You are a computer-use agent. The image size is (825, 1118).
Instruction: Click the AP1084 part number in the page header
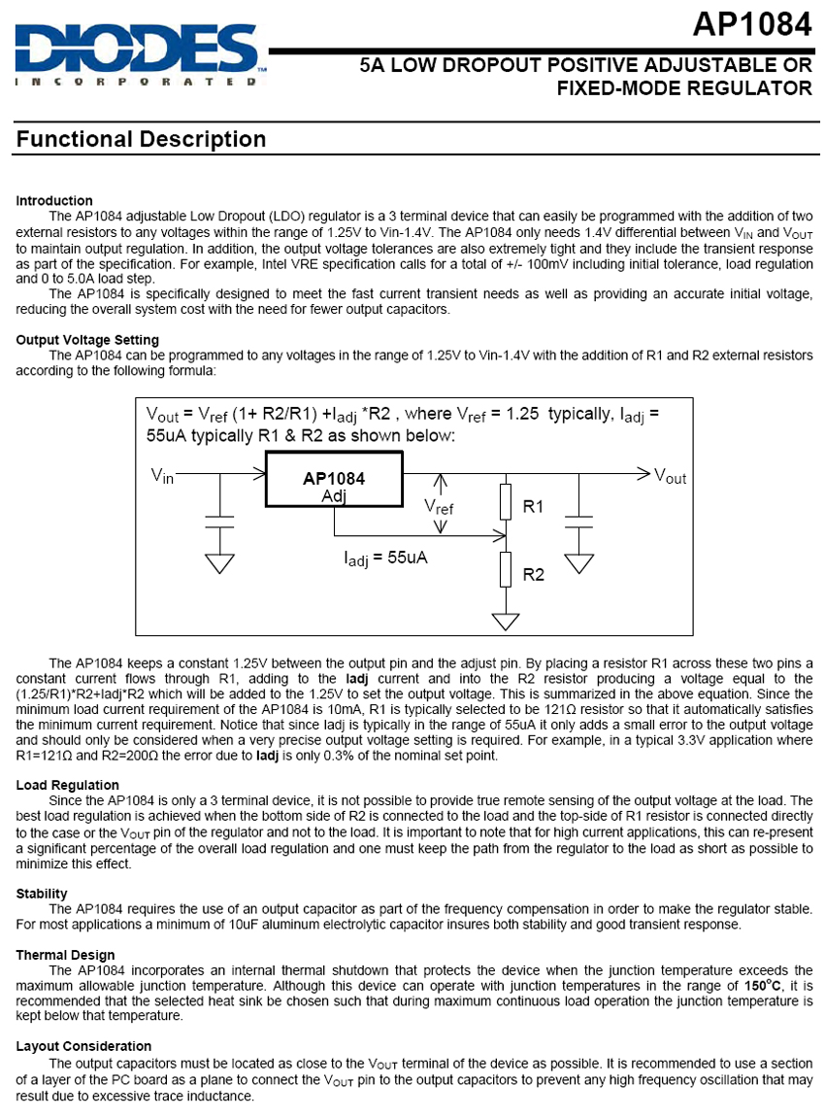click(752, 25)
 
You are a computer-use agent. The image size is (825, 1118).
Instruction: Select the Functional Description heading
click(141, 140)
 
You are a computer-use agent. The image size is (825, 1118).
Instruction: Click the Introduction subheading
click(54, 201)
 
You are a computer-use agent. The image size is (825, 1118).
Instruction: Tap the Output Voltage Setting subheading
click(87, 340)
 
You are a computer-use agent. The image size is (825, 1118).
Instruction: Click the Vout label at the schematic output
click(670, 476)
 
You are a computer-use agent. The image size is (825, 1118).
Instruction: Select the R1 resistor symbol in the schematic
click(505, 502)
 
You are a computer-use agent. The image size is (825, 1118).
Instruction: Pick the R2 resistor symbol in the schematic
click(505, 569)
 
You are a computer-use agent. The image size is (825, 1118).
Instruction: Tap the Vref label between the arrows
click(439, 506)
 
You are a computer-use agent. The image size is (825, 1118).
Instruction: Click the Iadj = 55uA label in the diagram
click(386, 559)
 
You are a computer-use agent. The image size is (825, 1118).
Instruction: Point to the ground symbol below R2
click(505, 620)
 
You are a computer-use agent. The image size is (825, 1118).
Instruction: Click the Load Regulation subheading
click(68, 785)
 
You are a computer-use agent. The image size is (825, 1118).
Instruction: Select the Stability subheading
click(42, 894)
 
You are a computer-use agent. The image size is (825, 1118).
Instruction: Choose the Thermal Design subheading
click(65, 955)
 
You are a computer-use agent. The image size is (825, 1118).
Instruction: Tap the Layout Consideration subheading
click(83, 1046)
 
